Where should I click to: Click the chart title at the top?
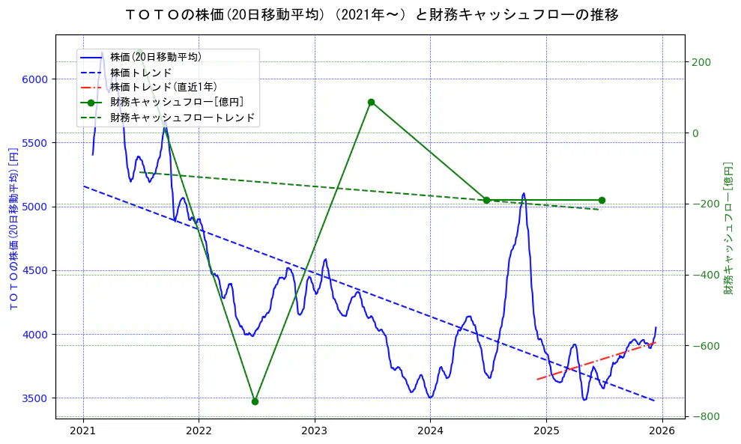370,14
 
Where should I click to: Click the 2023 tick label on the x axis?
314,431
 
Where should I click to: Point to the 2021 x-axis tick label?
82,431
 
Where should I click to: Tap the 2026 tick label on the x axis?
662,431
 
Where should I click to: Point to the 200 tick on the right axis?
701,63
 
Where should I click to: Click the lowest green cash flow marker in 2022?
255,401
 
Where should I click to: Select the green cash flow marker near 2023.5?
371,102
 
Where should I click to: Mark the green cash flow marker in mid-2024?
486,200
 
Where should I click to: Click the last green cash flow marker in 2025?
602,200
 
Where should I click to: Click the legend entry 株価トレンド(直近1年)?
163,87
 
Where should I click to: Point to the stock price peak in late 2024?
524,193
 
